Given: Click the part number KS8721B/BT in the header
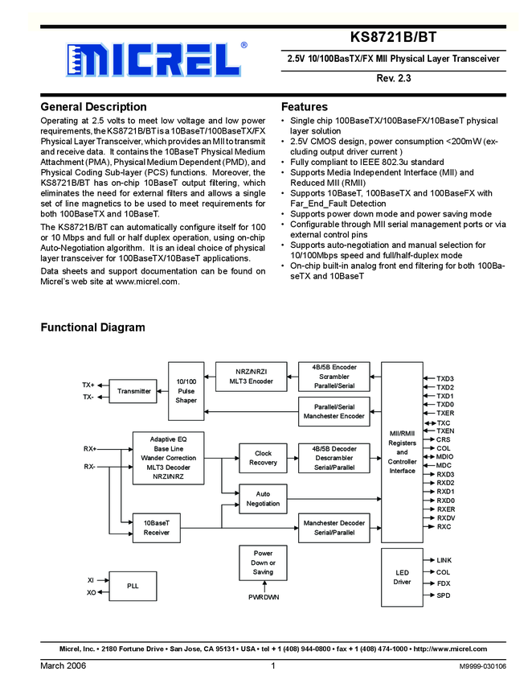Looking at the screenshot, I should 393,38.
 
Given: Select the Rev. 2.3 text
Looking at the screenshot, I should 393,79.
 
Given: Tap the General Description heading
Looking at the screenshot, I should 93,107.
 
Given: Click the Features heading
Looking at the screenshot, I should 305,107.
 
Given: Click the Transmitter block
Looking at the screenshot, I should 133,391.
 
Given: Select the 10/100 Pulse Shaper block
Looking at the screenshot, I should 186,390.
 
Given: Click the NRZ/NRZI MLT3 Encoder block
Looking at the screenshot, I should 251,377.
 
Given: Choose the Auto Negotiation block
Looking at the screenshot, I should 263,499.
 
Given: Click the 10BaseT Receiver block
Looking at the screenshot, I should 156,528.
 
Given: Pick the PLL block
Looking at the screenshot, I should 133,587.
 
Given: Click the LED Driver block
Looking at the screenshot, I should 402,576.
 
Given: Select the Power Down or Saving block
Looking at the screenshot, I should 263,562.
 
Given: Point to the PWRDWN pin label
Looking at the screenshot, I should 263,598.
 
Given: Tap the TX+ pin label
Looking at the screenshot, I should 88,385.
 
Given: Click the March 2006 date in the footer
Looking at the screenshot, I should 63,666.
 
